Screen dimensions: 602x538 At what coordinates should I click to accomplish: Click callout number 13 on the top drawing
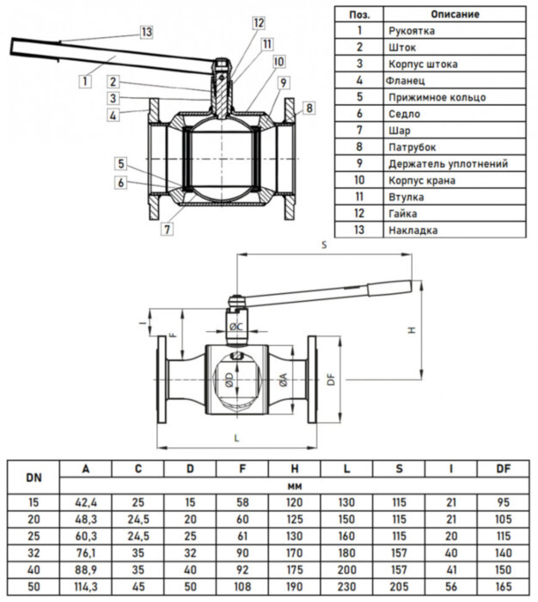tap(146, 32)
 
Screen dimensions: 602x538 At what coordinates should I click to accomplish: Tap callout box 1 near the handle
tap(84, 81)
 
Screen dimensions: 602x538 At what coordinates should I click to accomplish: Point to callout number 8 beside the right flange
tap(309, 107)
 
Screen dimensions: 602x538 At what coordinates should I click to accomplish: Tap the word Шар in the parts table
tap(399, 131)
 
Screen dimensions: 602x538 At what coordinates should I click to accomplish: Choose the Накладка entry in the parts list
tap(413, 230)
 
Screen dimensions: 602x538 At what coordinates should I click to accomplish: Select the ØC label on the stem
tap(239, 327)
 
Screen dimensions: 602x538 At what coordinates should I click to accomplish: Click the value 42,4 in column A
tap(85, 501)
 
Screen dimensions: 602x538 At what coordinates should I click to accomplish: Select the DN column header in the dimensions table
tap(33, 476)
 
